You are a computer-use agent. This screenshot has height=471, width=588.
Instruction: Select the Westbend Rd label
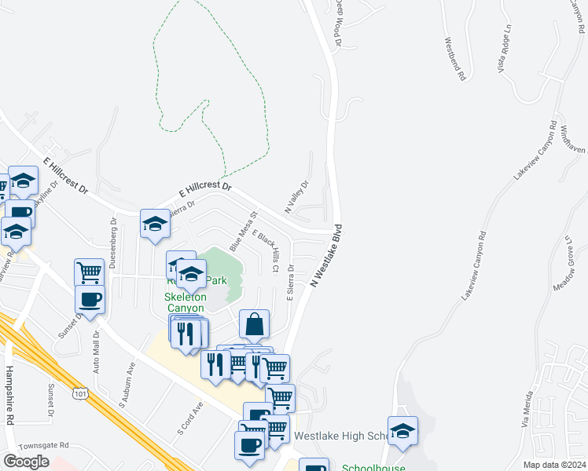[455, 59]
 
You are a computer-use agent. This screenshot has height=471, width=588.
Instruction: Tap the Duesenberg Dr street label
[114, 243]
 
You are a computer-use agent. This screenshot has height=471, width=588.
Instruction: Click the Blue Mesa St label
[244, 230]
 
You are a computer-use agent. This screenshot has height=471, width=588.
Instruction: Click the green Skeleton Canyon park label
[185, 302]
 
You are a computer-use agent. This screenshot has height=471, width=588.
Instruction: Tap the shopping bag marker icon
[255, 323]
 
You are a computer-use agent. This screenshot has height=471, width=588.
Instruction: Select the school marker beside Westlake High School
[402, 430]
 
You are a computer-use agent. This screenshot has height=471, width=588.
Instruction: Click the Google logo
[26, 462]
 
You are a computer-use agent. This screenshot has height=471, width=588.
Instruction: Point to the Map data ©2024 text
[554, 465]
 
